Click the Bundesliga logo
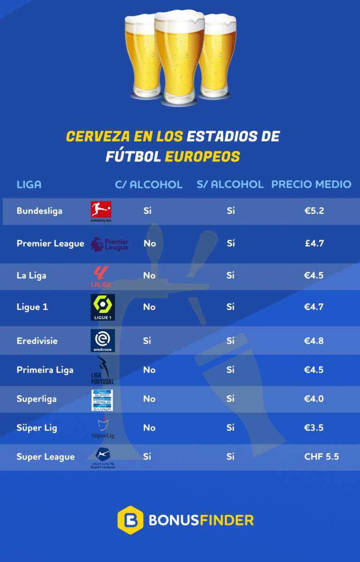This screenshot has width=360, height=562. click(101, 211)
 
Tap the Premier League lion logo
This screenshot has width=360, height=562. click(97, 244)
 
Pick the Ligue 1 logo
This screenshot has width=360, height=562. click(103, 307)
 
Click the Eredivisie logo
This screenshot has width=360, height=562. click(103, 340)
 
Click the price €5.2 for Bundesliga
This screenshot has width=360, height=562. click(314, 211)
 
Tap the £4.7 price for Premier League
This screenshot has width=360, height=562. click(314, 244)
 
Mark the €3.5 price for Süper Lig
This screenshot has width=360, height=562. click(314, 428)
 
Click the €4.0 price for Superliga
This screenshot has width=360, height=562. click(314, 399)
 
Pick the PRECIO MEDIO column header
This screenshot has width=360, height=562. click(311, 185)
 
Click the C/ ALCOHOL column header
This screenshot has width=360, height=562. click(149, 185)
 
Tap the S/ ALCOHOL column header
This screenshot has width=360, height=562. click(230, 185)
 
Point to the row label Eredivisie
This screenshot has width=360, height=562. click(37, 341)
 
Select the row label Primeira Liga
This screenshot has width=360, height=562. click(45, 370)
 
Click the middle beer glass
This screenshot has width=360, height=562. click(180, 56)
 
